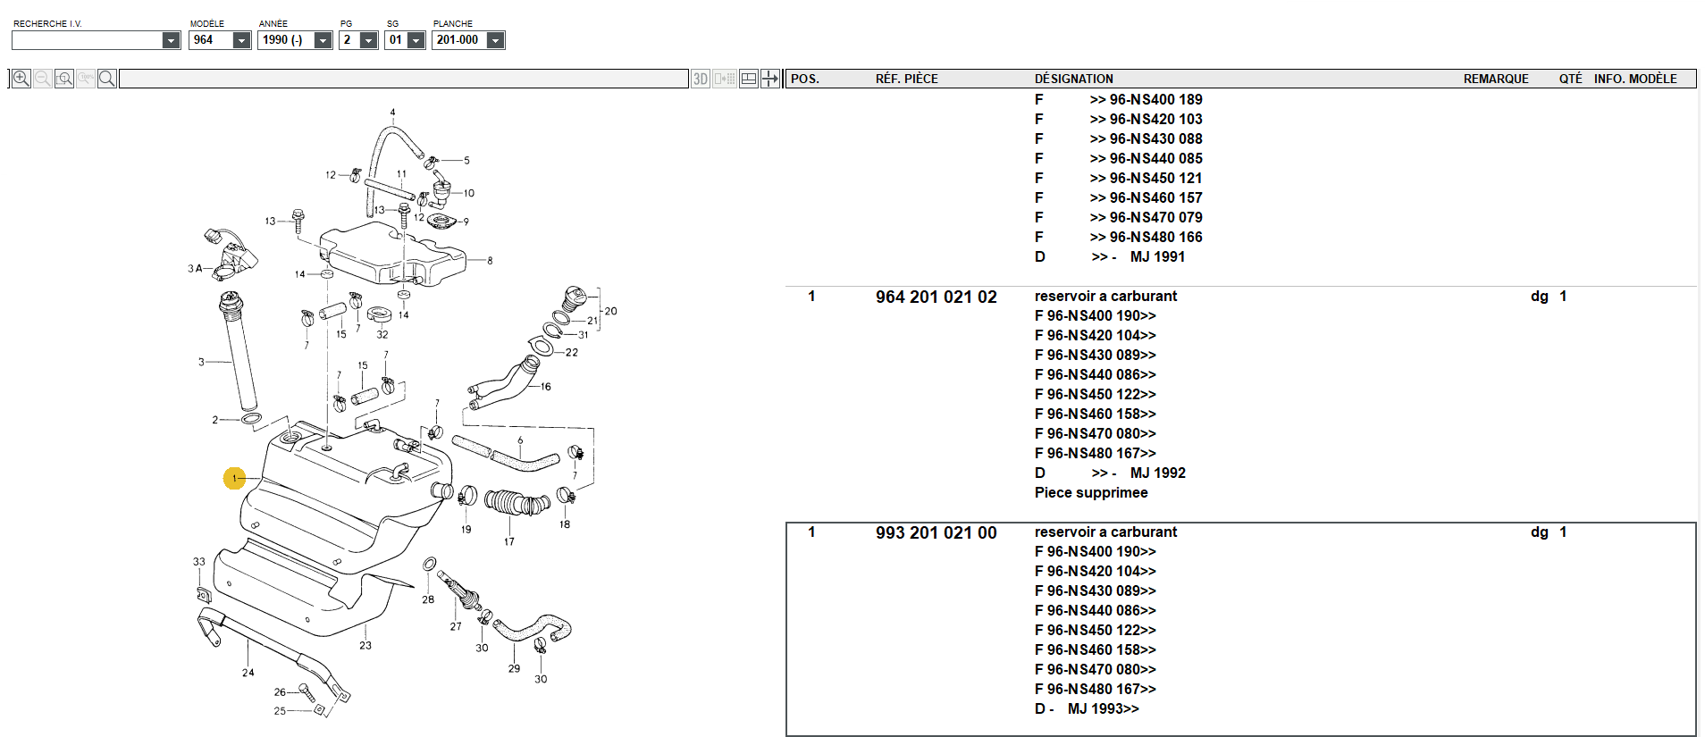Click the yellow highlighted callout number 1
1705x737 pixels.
[234, 479]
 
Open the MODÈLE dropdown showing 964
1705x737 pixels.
[241, 40]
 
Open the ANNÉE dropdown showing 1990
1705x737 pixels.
[323, 40]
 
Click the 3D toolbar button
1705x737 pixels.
[701, 79]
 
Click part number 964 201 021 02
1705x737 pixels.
[936, 297]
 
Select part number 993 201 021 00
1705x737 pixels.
[936, 532]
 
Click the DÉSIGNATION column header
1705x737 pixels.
[1073, 79]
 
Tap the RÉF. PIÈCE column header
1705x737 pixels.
[906, 79]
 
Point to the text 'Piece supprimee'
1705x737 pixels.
[1091, 492]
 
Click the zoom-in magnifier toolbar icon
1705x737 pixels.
[21, 79]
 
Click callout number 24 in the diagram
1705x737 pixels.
[248, 673]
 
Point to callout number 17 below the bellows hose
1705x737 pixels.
[508, 541]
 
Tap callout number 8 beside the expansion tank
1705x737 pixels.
[490, 261]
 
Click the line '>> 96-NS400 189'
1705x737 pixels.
[1146, 99]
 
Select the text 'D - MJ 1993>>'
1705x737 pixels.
[1087, 708]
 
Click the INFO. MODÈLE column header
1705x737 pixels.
[1635, 79]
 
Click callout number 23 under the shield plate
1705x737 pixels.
[365, 645]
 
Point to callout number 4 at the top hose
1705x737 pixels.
[392, 113]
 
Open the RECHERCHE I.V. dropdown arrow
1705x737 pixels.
[171, 40]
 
